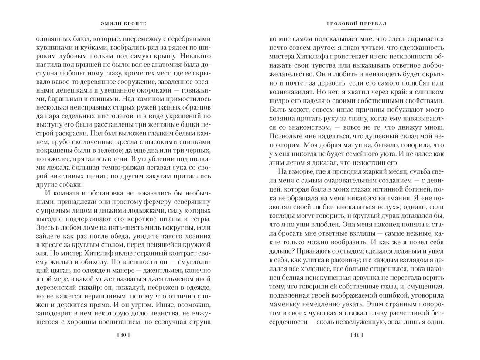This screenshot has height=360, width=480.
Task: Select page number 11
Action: tap(356, 335)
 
